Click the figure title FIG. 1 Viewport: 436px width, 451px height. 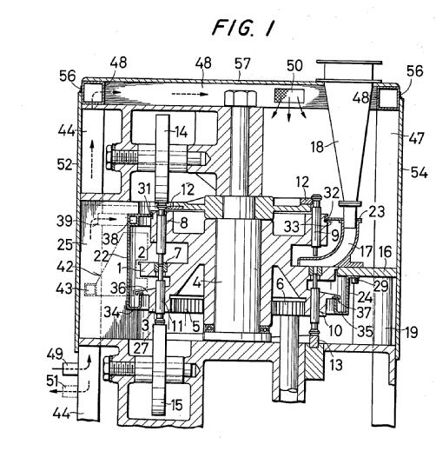pyautogui.click(x=242, y=28)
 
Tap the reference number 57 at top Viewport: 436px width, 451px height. pyautogui.click(x=242, y=63)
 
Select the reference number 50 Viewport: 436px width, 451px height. pyautogui.click(x=294, y=66)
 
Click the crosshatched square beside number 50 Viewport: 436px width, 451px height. pyautogui.click(x=281, y=96)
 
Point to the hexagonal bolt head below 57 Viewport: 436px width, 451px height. pyautogui.click(x=241, y=98)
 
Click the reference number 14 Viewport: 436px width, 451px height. pyautogui.click(x=182, y=132)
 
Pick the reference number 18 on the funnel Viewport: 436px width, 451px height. pyautogui.click(x=317, y=147)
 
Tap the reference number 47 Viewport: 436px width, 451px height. pyautogui.click(x=416, y=138)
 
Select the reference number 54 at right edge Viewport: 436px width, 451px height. pyautogui.click(x=419, y=173)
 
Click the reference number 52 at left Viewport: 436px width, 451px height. pyautogui.click(x=64, y=164)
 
